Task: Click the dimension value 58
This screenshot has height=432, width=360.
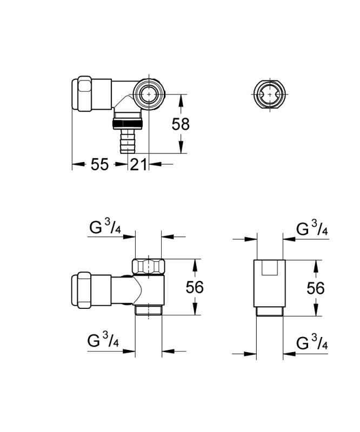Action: (181, 124)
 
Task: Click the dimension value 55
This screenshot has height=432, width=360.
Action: (99, 165)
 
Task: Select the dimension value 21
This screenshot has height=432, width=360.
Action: (138, 165)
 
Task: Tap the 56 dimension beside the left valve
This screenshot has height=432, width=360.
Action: (195, 287)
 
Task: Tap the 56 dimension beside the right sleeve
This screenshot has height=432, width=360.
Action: (316, 288)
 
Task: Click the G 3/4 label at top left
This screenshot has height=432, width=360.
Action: (105, 228)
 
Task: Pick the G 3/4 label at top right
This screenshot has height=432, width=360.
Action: (312, 228)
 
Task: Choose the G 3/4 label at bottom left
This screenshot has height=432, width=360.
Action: (103, 340)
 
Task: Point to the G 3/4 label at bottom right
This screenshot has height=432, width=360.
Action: (312, 342)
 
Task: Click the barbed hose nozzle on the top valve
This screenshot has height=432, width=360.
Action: (128, 141)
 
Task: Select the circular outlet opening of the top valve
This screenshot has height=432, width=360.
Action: (149, 94)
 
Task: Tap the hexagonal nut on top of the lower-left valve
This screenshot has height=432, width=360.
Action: (149, 267)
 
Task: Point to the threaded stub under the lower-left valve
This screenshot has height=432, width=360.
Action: (149, 310)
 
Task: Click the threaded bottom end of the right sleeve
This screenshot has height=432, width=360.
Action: (270, 312)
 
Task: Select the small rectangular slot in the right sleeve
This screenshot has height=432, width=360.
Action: (270, 268)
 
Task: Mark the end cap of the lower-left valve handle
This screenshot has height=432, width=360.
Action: (82, 290)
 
